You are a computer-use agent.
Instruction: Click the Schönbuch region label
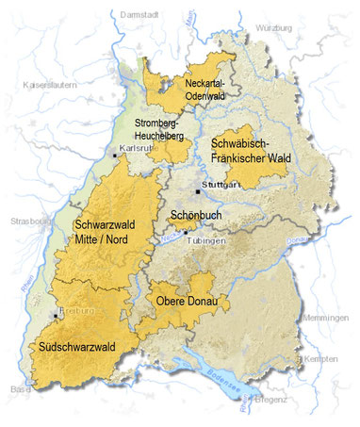(195, 215)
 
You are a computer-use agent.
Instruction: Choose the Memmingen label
(328, 319)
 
